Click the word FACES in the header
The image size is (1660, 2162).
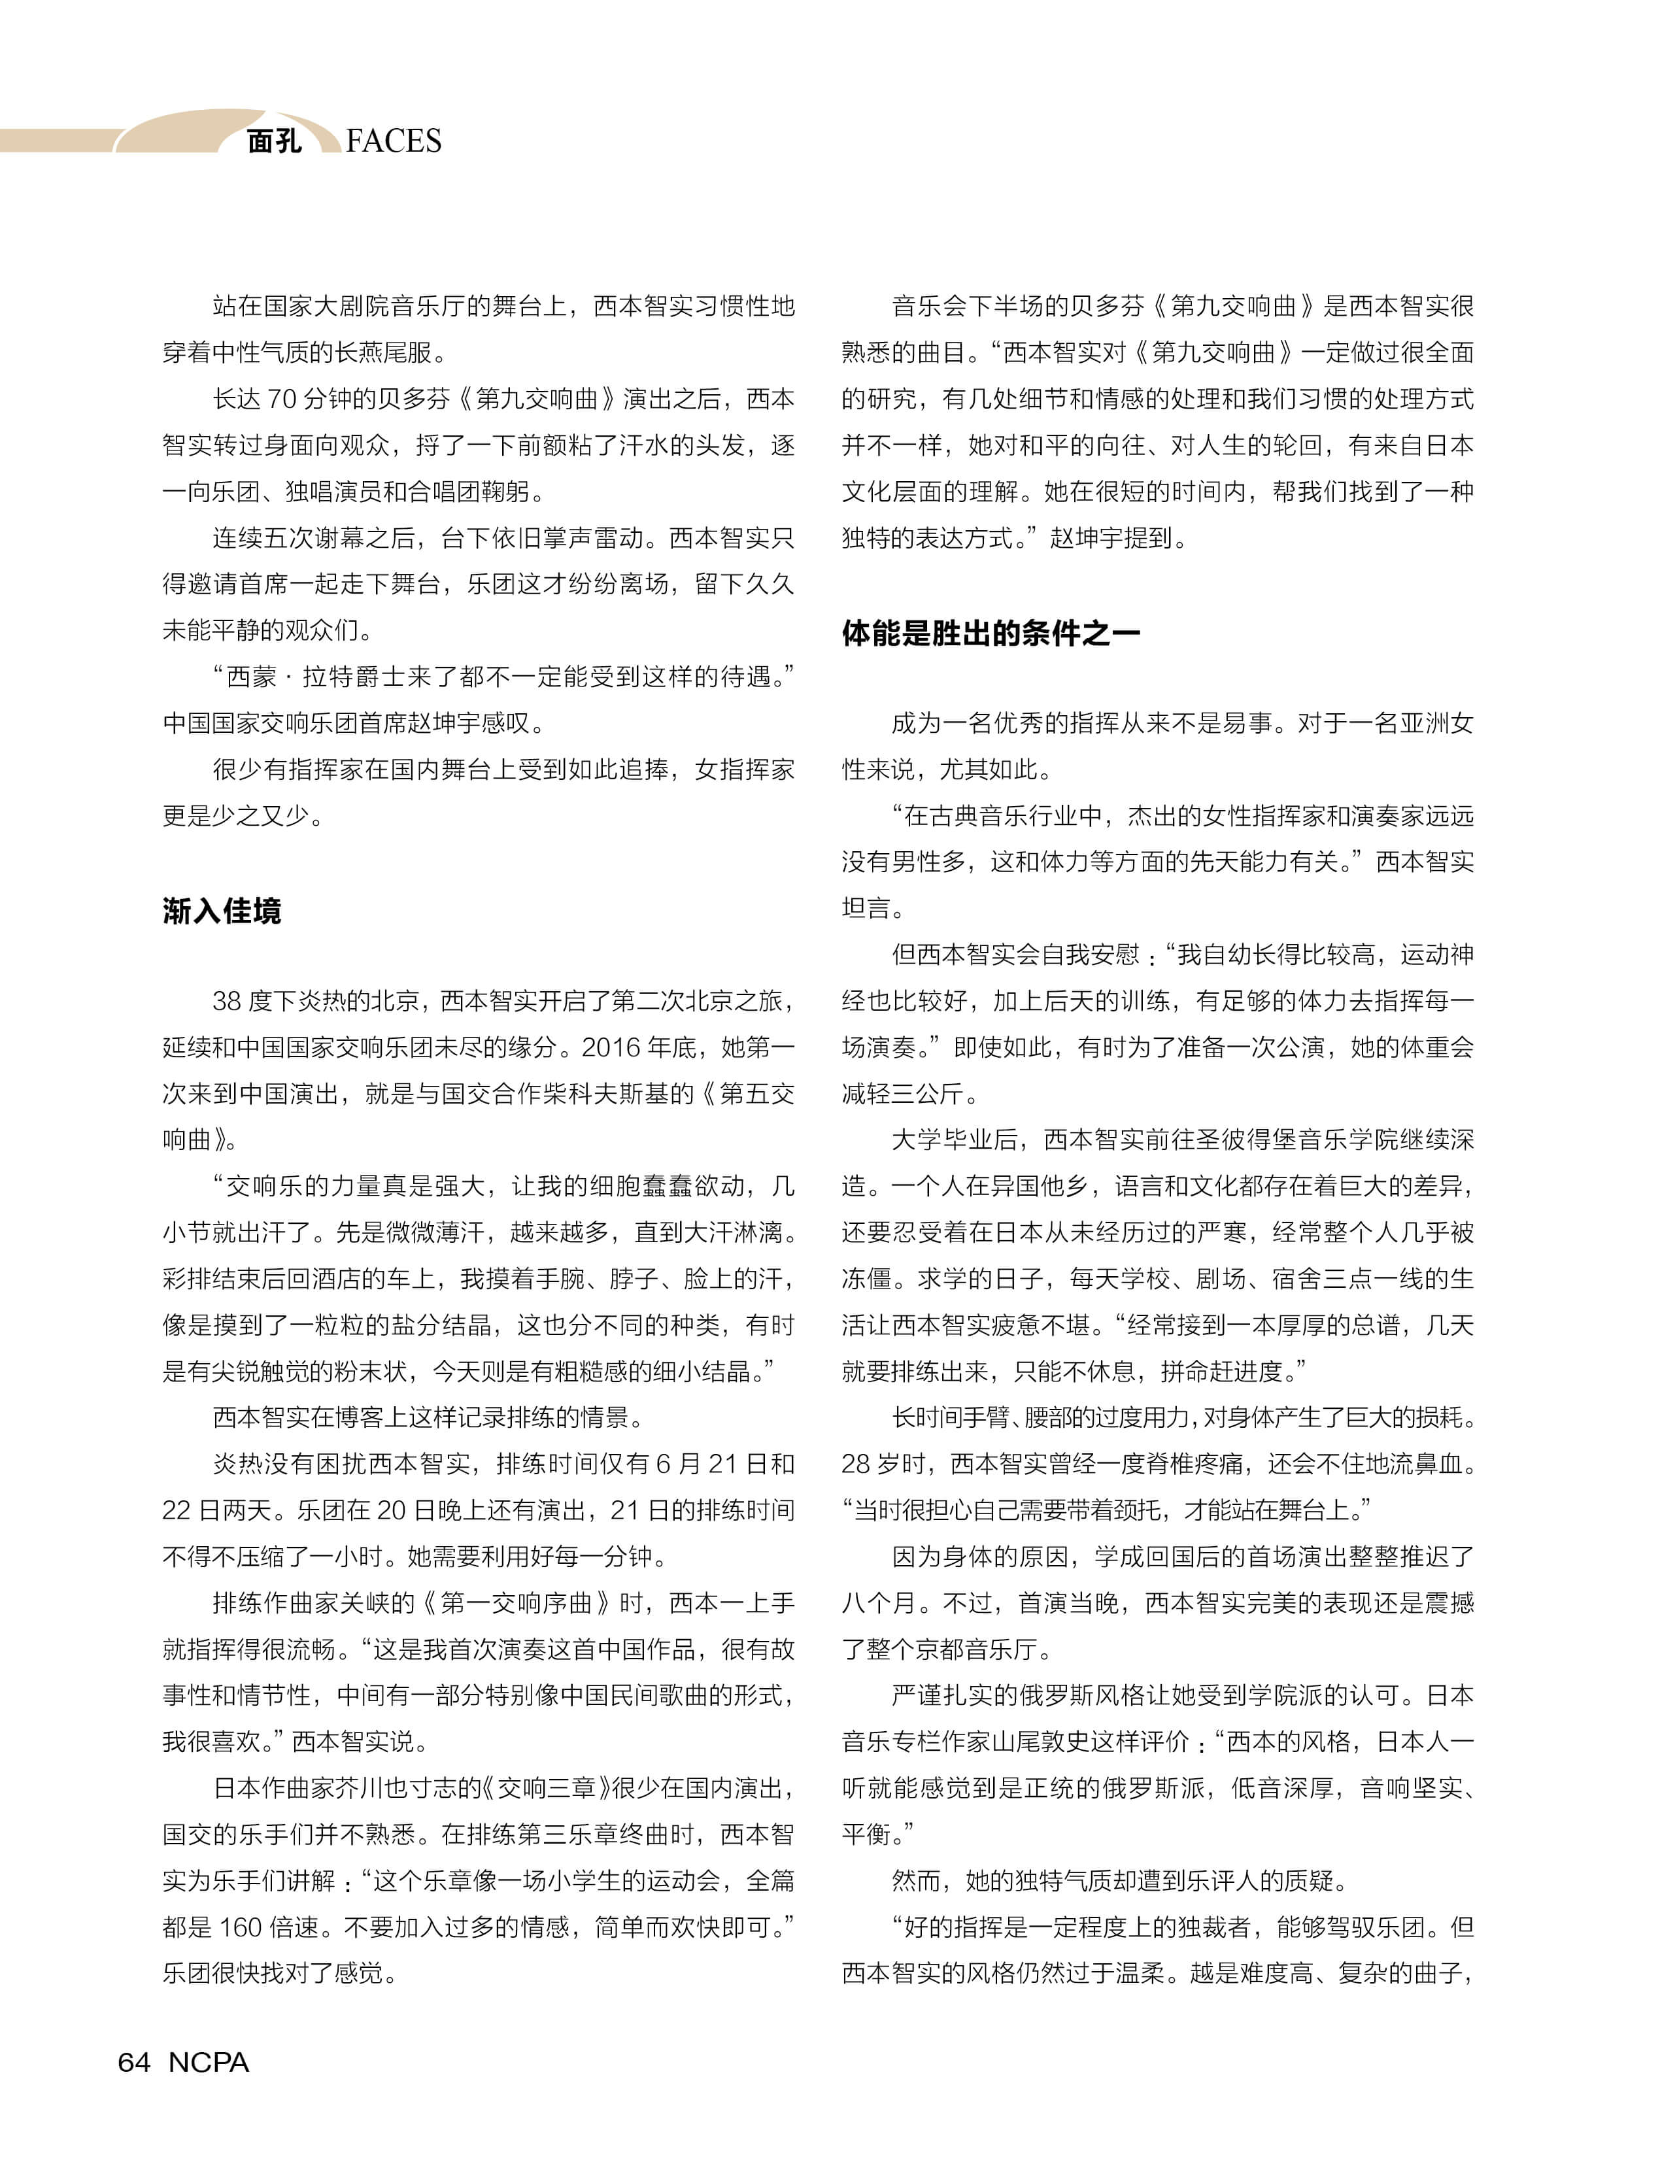[394, 141]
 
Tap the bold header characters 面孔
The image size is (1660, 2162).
[274, 141]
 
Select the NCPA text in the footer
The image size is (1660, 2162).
[209, 2061]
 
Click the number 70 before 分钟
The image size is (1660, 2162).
[282, 399]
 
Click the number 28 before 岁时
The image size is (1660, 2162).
[856, 1463]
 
